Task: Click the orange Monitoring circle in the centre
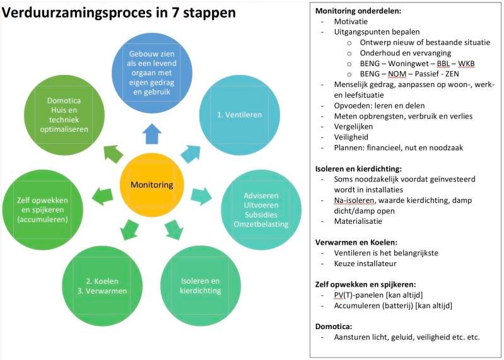[152, 185]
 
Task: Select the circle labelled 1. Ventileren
[240, 115]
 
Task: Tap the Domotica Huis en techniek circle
[64, 115]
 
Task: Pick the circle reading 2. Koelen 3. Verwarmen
[102, 286]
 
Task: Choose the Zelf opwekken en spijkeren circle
[42, 210]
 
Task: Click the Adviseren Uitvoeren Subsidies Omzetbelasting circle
[261, 210]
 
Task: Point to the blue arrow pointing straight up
[152, 134]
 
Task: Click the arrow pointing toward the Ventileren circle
[191, 153]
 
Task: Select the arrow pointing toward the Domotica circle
[113, 154]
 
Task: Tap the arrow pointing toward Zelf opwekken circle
[103, 196]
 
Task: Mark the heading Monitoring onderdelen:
[358, 11]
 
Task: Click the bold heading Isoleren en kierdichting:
[358, 169]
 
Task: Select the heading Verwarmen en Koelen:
[356, 243]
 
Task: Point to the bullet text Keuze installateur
[365, 264]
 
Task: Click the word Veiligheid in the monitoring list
[351, 137]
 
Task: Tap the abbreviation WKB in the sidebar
[466, 64]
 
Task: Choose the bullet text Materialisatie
[358, 221]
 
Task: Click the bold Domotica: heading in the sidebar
[334, 327]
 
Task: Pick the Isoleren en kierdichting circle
[201, 286]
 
